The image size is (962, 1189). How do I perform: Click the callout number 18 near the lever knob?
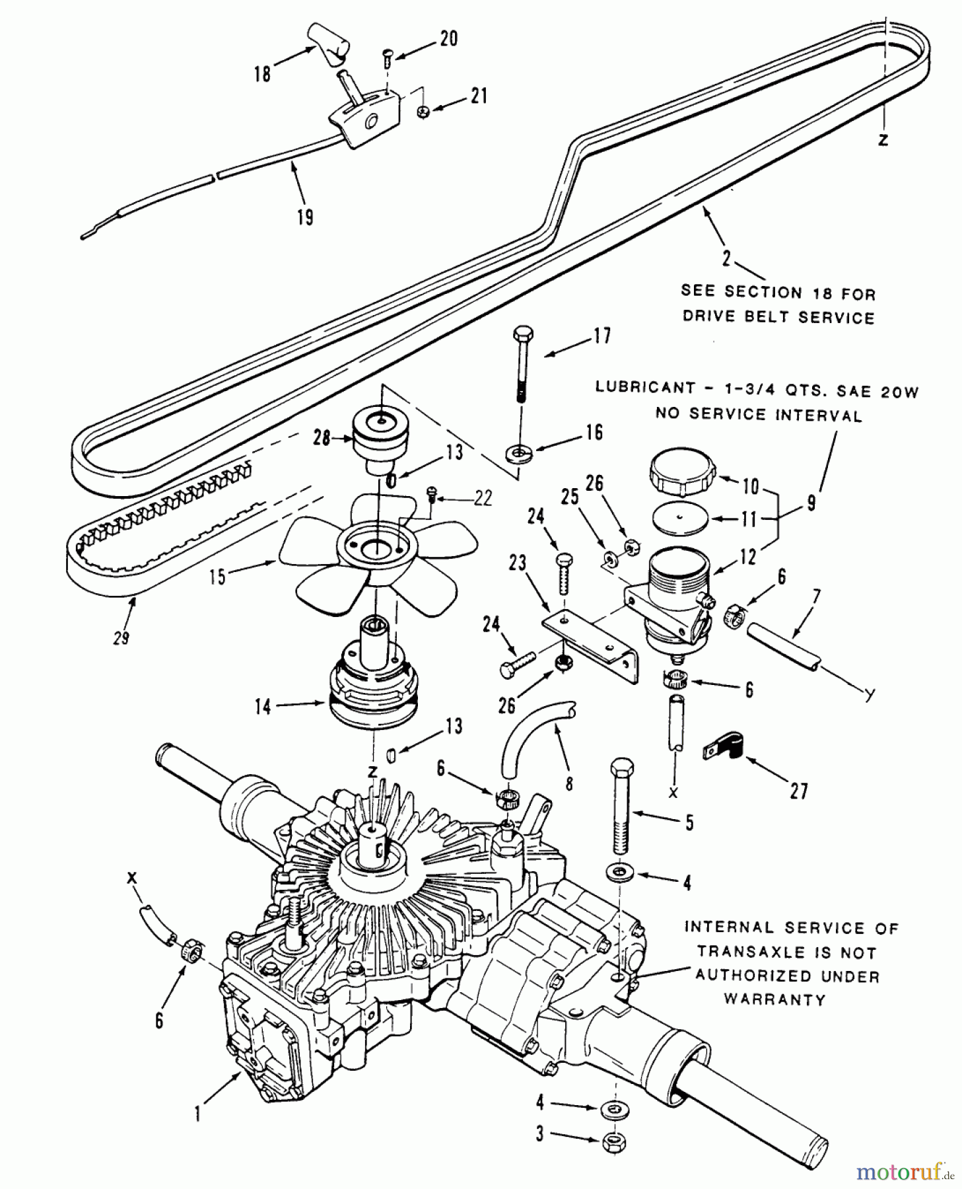coord(263,73)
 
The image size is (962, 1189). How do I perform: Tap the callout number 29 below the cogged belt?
coord(121,637)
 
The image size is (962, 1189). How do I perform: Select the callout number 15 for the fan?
coord(217,576)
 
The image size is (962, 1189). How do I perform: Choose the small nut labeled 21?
coord(424,112)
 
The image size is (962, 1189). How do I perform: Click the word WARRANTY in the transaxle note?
coord(775,999)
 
